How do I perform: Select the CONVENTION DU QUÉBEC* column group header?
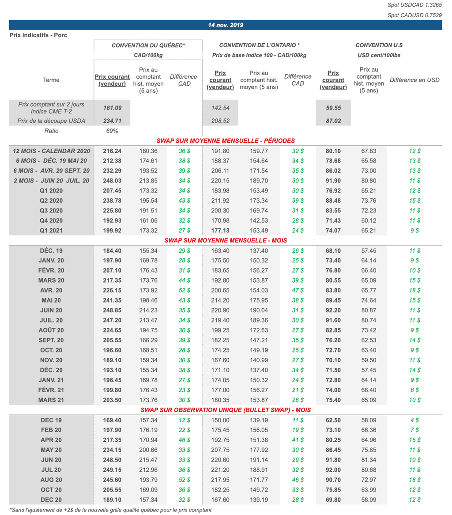tap(148, 45)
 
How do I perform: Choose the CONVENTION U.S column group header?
tap(379, 45)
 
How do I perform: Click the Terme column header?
tap(51, 80)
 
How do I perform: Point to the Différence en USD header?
tap(414, 80)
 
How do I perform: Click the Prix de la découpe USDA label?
tap(51, 121)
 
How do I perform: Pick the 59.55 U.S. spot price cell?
tap(334, 107)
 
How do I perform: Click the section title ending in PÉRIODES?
tap(226, 141)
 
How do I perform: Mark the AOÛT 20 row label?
tap(51, 330)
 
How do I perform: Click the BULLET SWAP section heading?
tap(226, 410)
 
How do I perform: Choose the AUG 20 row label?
tap(51, 480)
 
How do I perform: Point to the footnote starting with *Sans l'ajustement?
tap(110, 510)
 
